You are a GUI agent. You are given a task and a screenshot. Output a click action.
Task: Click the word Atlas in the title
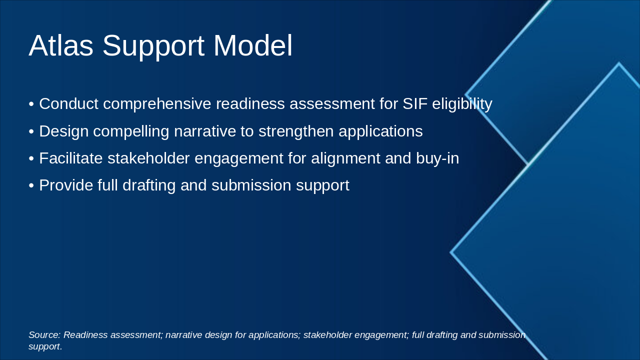click(x=61, y=45)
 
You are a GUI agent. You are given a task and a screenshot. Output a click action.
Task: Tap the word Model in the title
click(x=253, y=45)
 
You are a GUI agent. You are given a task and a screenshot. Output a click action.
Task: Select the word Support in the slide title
click(x=153, y=47)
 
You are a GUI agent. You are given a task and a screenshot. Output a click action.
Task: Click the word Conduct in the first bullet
click(x=69, y=103)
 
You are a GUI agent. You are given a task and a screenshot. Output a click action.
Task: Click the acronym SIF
click(x=415, y=103)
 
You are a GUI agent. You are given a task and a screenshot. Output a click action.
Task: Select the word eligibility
click(x=462, y=104)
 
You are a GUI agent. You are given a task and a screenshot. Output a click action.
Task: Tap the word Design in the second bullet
click(x=63, y=131)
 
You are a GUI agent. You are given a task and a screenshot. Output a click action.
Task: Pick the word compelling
click(x=131, y=131)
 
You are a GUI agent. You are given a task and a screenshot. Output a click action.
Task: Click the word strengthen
click(x=296, y=131)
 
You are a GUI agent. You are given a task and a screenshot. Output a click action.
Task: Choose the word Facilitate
click(x=71, y=158)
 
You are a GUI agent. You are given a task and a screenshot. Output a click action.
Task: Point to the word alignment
click(x=345, y=159)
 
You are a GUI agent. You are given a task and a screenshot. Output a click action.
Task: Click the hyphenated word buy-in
click(x=437, y=159)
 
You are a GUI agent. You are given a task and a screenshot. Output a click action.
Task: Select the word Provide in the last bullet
click(x=66, y=185)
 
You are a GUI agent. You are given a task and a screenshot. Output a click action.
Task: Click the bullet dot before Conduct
click(x=31, y=104)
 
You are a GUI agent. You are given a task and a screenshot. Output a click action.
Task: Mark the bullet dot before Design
click(x=31, y=132)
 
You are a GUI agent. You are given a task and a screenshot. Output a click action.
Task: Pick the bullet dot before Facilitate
click(x=31, y=159)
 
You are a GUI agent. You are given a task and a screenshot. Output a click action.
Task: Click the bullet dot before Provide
click(x=31, y=186)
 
